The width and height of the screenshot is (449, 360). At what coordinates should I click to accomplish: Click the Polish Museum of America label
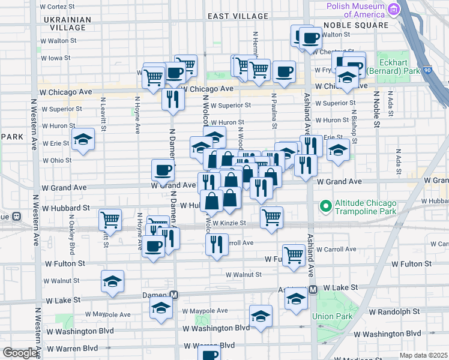357,10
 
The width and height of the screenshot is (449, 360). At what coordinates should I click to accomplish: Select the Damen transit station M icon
174,295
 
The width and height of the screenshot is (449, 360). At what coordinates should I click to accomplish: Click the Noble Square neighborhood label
356,25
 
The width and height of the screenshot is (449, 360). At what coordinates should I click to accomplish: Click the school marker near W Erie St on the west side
83,140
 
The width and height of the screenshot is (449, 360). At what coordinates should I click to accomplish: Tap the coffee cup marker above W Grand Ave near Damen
163,170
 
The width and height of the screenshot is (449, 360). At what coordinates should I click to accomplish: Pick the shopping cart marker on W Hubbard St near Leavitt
110,220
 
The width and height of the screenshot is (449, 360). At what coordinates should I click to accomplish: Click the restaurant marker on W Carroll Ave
217,244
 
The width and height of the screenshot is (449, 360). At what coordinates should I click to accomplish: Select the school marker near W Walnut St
112,281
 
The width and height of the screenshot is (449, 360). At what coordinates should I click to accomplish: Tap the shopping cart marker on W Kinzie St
272,217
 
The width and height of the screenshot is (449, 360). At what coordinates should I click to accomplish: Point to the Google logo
20,353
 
